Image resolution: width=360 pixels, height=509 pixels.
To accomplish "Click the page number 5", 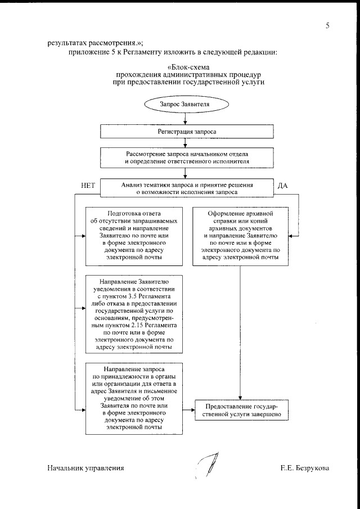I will tap(327, 26).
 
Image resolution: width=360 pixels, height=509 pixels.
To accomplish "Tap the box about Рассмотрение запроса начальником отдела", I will tap(187, 157).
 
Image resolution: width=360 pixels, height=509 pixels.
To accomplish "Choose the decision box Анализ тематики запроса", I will tap(187, 188).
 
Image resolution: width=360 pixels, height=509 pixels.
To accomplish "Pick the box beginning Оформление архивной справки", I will tap(240, 236).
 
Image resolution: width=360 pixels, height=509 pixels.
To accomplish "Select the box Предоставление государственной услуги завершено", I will tap(240, 411).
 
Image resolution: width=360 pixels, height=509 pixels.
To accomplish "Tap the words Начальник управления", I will tap(85, 468).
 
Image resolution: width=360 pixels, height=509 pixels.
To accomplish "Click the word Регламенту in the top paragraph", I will tap(130, 52).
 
